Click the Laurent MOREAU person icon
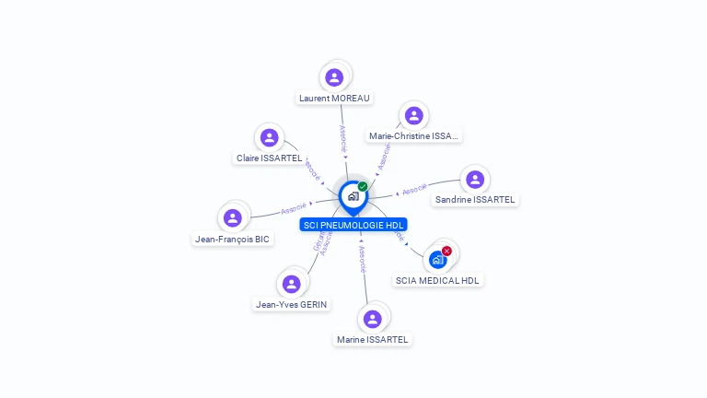[334, 77]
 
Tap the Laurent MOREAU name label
[334, 98]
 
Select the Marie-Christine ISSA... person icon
[413, 115]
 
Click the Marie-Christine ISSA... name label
[413, 136]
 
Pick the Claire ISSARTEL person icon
[269, 138]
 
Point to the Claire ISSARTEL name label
[269, 158]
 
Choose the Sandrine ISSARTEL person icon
[475, 179]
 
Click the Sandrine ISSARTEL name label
[475, 199]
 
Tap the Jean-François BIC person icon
[232, 218]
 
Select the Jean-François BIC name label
[232, 239]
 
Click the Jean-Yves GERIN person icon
[291, 284]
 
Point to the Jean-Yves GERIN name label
[291, 304]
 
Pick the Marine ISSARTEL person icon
[372, 319]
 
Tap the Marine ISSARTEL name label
[372, 339]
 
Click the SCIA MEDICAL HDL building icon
[438, 260]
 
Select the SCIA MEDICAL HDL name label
[438, 280]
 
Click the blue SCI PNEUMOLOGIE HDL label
[353, 225]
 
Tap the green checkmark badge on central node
[363, 187]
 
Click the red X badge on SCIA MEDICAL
[447, 251]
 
